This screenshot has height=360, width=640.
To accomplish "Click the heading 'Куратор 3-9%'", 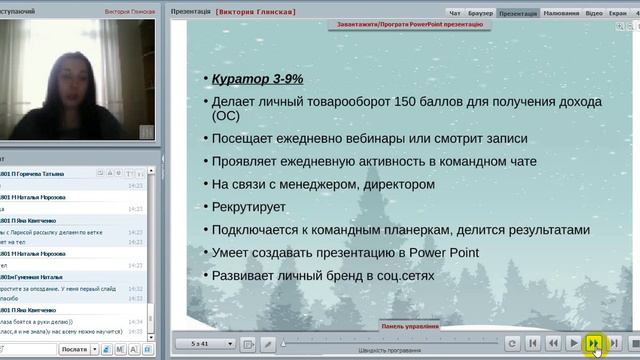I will [x=257, y=78].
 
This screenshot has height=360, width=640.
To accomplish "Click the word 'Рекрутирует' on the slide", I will [x=252, y=207].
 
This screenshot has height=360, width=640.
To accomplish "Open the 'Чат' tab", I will [x=455, y=14].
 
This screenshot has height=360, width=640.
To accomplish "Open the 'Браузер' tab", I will [x=481, y=14].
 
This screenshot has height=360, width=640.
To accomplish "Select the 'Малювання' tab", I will [x=562, y=14].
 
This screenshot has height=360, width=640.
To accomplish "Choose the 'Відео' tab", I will [x=595, y=14].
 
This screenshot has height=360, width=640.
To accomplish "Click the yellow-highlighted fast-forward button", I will [x=595, y=343].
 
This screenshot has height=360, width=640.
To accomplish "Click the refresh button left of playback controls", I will [x=512, y=343].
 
